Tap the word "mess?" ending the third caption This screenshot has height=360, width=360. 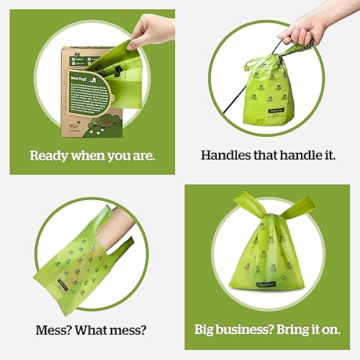pyautogui.click(x=138, y=330)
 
